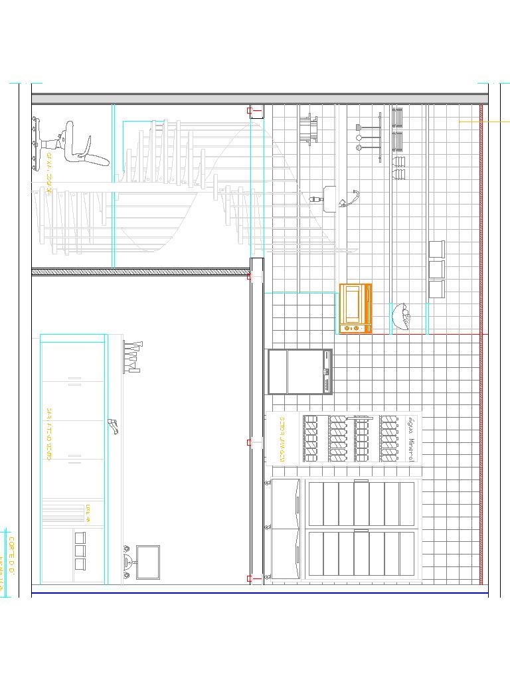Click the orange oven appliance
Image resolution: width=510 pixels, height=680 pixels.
coord(355,309)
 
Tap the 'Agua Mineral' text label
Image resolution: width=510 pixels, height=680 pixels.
coord(411,439)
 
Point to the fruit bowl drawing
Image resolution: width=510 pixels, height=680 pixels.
coord(402,317)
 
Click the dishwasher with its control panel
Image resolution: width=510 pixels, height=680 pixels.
coord(299,372)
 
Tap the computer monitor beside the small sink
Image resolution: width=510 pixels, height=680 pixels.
coord(148,562)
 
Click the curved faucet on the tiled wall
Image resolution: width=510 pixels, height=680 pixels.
coord(351,197)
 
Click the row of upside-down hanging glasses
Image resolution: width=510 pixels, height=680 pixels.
coord(132,356)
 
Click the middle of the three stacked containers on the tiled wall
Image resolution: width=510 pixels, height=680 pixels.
coord(436,269)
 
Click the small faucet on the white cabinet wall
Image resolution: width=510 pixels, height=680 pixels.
coord(113,426)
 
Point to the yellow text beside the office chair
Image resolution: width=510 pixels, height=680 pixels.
coord(49,169)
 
